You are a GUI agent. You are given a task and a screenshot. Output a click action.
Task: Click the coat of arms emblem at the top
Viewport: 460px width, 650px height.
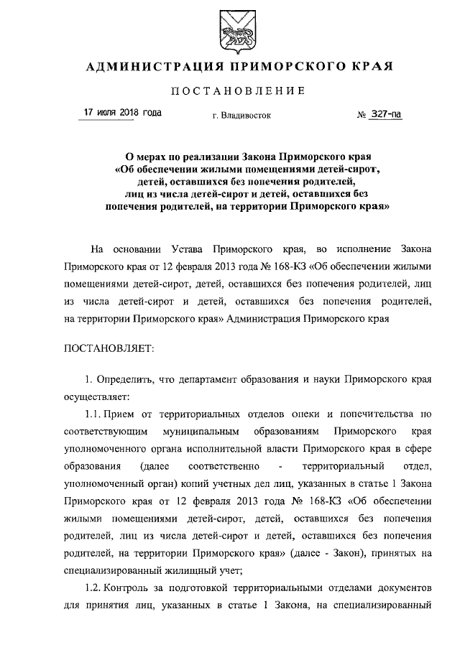(229, 33)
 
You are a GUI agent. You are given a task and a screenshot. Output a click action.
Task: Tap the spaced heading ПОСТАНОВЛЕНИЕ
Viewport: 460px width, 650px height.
(230, 91)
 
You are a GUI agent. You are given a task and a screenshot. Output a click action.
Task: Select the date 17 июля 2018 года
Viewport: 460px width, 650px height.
(122, 113)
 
